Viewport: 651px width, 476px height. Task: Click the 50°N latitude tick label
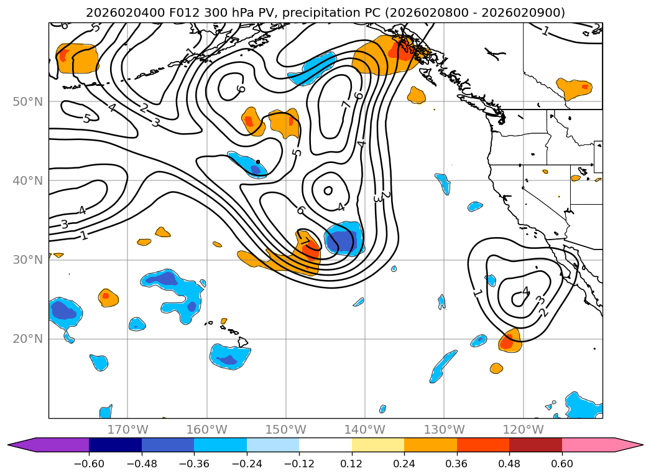pyautogui.click(x=28, y=102)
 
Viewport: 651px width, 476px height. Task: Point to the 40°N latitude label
pyautogui.click(x=28, y=180)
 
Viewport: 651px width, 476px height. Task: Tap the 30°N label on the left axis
pyautogui.click(x=28, y=260)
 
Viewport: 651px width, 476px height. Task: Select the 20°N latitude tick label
pyautogui.click(x=28, y=339)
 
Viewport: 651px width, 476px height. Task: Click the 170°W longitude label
pyautogui.click(x=128, y=429)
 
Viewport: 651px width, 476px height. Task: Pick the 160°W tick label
pyautogui.click(x=207, y=429)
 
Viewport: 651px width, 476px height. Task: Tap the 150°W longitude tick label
pyautogui.click(x=285, y=429)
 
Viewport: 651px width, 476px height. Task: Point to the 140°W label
pyautogui.click(x=364, y=429)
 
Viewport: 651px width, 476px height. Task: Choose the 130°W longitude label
pyautogui.click(x=444, y=429)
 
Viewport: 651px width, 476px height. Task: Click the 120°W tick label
pyautogui.click(x=523, y=429)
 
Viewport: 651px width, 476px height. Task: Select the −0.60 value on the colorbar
pyautogui.click(x=89, y=464)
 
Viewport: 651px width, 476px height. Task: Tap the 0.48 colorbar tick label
pyautogui.click(x=509, y=464)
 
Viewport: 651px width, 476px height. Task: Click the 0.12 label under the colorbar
pyautogui.click(x=352, y=464)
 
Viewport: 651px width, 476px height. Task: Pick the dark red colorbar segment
pyautogui.click(x=535, y=445)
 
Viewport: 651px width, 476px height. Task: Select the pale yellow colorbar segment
pyautogui.click(x=378, y=445)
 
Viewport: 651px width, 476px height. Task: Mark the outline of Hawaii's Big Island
pyautogui.click(x=243, y=342)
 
